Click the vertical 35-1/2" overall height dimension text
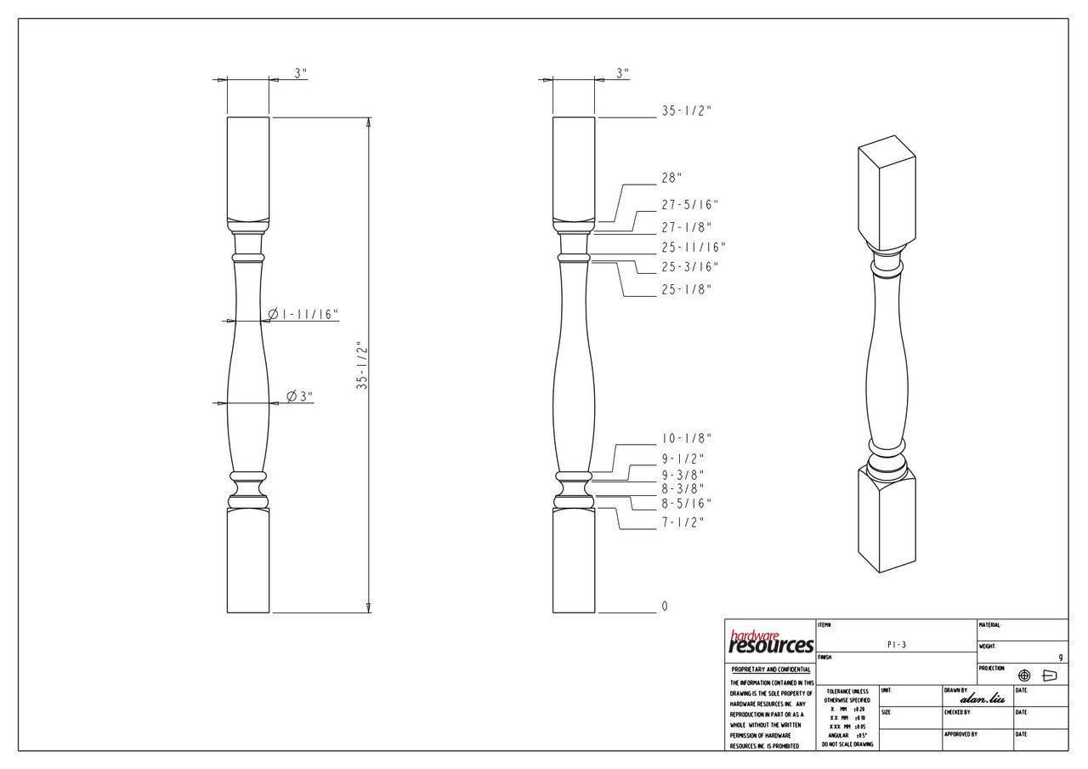coord(361,366)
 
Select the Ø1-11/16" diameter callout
coord(303,315)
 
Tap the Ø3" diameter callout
coord(299,396)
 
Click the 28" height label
coord(672,178)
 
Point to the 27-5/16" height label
coord(689,205)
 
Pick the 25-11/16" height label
coord(693,248)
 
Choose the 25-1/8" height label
coord(686,289)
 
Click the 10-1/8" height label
coord(686,439)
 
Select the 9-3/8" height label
coord(683,475)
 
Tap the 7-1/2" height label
coord(683,521)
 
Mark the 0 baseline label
coord(665,607)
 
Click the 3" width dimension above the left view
coord(300,73)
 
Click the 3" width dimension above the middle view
coord(622,73)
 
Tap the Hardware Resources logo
coord(770,642)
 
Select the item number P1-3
coord(897,645)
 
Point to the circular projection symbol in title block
coord(1024,675)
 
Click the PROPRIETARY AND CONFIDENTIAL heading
coord(770,670)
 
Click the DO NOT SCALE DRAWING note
coord(847,744)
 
